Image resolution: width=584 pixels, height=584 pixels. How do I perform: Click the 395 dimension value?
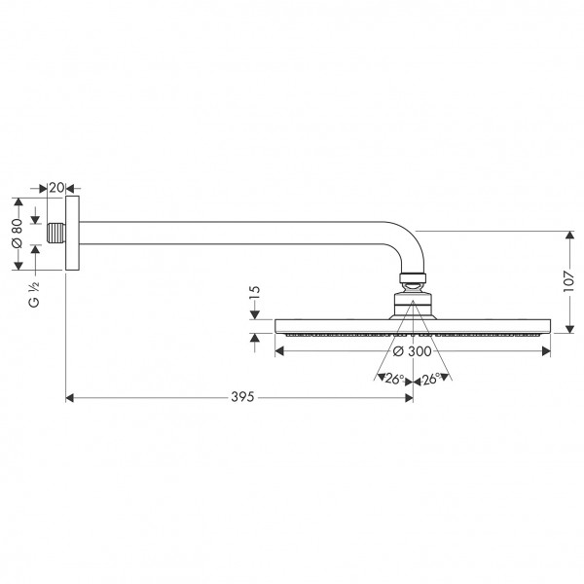tap(242, 397)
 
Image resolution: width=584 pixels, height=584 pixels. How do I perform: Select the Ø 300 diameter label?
tap(413, 351)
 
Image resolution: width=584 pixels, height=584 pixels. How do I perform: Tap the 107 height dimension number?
tap(568, 281)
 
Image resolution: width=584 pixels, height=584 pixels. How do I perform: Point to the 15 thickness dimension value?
tap(254, 293)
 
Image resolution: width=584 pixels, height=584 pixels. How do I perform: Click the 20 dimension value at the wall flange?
tap(56, 188)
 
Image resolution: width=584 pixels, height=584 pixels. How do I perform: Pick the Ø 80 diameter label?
tap(18, 234)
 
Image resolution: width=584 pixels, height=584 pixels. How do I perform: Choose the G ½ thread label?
tap(34, 294)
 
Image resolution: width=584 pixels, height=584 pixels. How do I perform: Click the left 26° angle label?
tap(394, 379)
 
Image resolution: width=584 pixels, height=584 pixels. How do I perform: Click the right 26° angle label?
tap(431, 379)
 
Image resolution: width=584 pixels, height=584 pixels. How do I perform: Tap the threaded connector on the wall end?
tap(56, 234)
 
